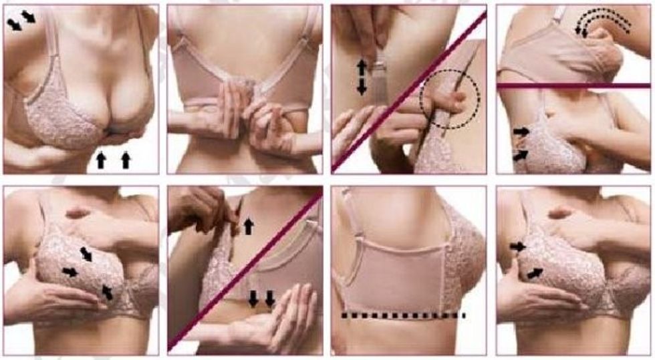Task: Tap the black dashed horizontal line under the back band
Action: click(x=403, y=315)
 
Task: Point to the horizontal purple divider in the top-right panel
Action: click(x=573, y=85)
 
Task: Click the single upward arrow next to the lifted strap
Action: click(x=248, y=226)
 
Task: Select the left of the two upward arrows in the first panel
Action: click(x=102, y=160)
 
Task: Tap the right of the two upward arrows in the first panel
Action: click(x=126, y=160)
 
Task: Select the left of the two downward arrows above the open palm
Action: click(x=254, y=299)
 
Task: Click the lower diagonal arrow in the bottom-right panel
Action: click(x=534, y=273)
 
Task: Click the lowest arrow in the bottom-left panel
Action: click(x=107, y=292)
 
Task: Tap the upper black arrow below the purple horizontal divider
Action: click(x=521, y=132)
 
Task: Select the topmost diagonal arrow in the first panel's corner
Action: click(x=28, y=16)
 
